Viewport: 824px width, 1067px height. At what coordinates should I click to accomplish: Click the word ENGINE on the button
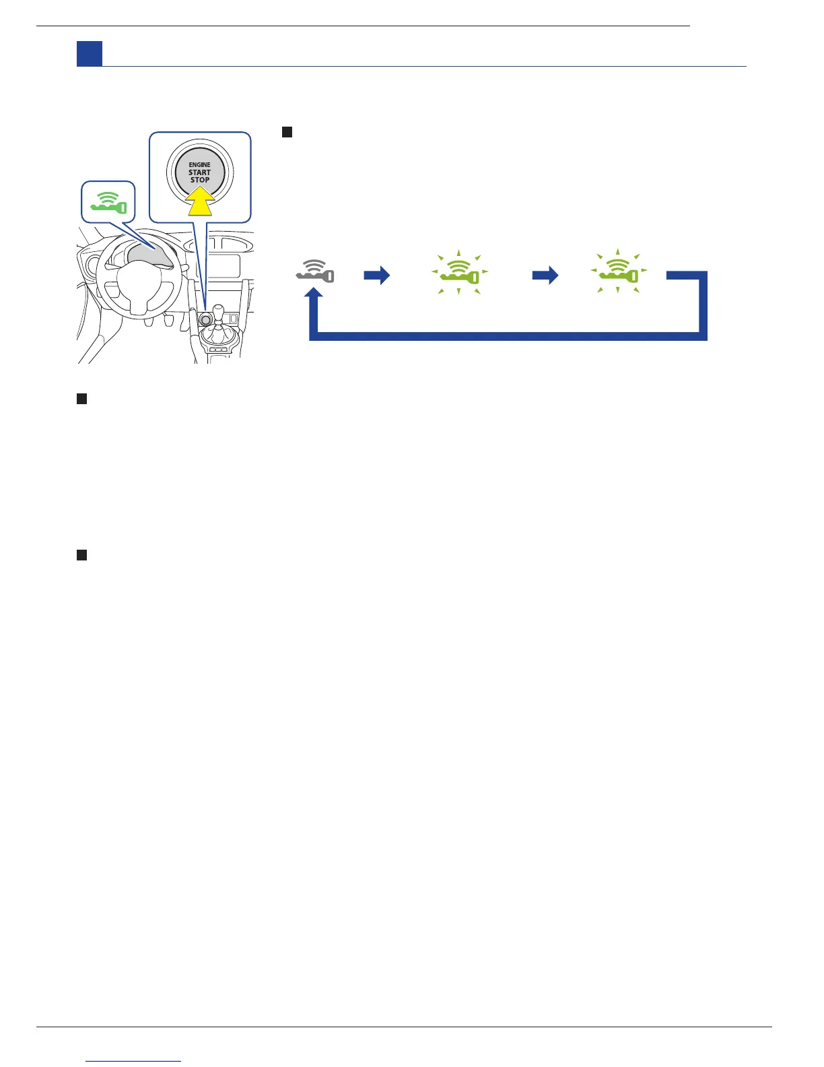199,164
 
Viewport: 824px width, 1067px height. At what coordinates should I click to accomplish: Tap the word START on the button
199,172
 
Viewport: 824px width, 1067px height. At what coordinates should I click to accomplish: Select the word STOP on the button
199,180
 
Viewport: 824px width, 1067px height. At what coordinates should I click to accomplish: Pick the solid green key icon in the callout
108,203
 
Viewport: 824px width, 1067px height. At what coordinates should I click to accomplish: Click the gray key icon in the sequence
315,271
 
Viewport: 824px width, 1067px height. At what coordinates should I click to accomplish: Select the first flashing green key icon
459,272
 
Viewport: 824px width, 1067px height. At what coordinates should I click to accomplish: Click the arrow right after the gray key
377,275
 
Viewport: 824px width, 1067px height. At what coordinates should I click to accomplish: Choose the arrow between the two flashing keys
545,275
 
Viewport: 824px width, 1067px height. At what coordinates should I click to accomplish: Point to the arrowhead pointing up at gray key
314,295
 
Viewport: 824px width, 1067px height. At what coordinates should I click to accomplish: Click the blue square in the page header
89,54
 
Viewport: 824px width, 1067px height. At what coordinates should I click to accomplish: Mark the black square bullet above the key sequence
287,132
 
